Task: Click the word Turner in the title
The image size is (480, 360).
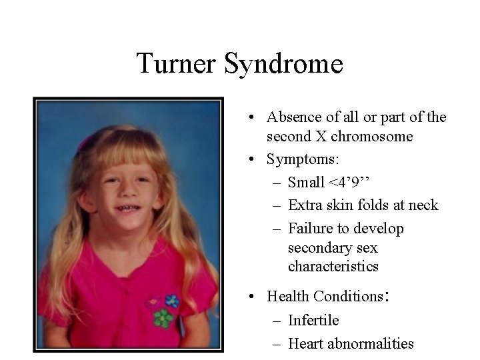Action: (x=177, y=64)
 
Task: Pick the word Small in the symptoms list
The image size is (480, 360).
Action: (x=307, y=182)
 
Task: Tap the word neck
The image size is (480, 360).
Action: (x=424, y=205)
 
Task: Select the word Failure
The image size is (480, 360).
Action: (x=311, y=229)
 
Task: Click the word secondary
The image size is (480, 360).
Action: (x=319, y=248)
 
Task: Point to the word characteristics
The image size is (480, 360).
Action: (x=333, y=267)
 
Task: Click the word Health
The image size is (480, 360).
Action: (x=287, y=295)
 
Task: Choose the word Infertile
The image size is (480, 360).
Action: (x=313, y=321)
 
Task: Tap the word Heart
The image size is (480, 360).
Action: (x=306, y=343)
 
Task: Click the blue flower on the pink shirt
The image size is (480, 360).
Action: (x=172, y=301)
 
